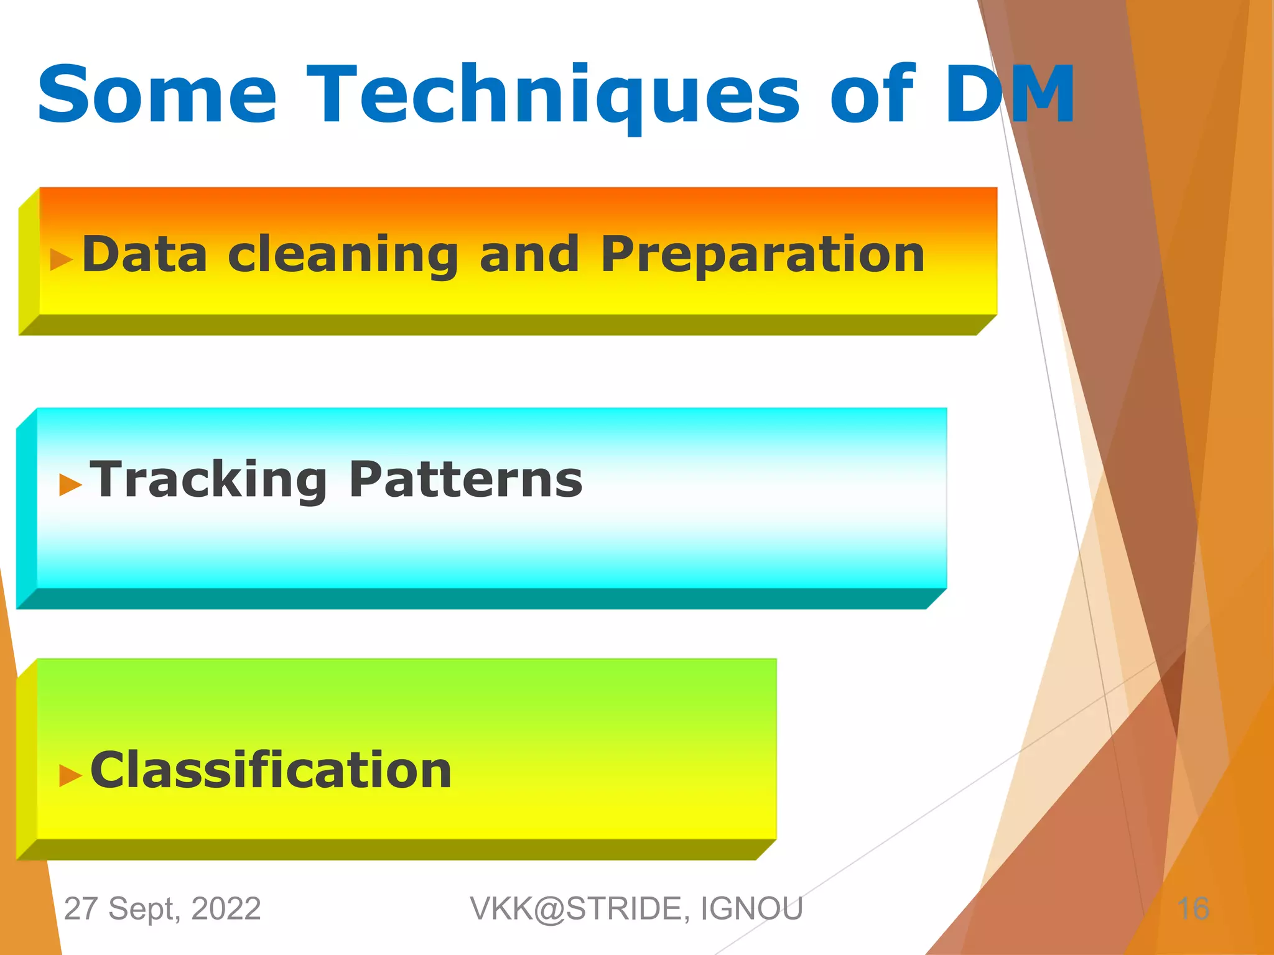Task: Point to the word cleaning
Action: tap(343, 255)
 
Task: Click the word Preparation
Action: tap(763, 255)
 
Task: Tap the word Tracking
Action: tap(208, 480)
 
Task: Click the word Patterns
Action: tap(465, 480)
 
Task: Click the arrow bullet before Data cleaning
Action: tap(62, 259)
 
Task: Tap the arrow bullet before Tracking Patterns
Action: tap(70, 484)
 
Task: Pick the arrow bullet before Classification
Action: tap(70, 775)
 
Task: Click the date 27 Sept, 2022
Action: tap(162, 908)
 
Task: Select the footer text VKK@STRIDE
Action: tap(579, 908)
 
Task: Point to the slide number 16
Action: tap(1193, 908)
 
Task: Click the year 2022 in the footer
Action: tap(226, 908)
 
